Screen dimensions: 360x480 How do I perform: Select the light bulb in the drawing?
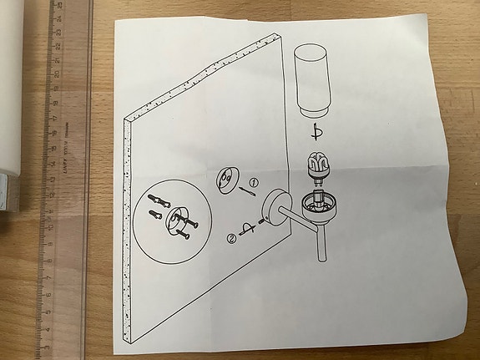[x=318, y=165]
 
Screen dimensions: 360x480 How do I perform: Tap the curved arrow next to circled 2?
[x=247, y=231]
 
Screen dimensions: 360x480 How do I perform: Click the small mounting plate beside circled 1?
[x=227, y=180]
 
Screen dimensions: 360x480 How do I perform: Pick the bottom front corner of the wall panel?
[x=126, y=343]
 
